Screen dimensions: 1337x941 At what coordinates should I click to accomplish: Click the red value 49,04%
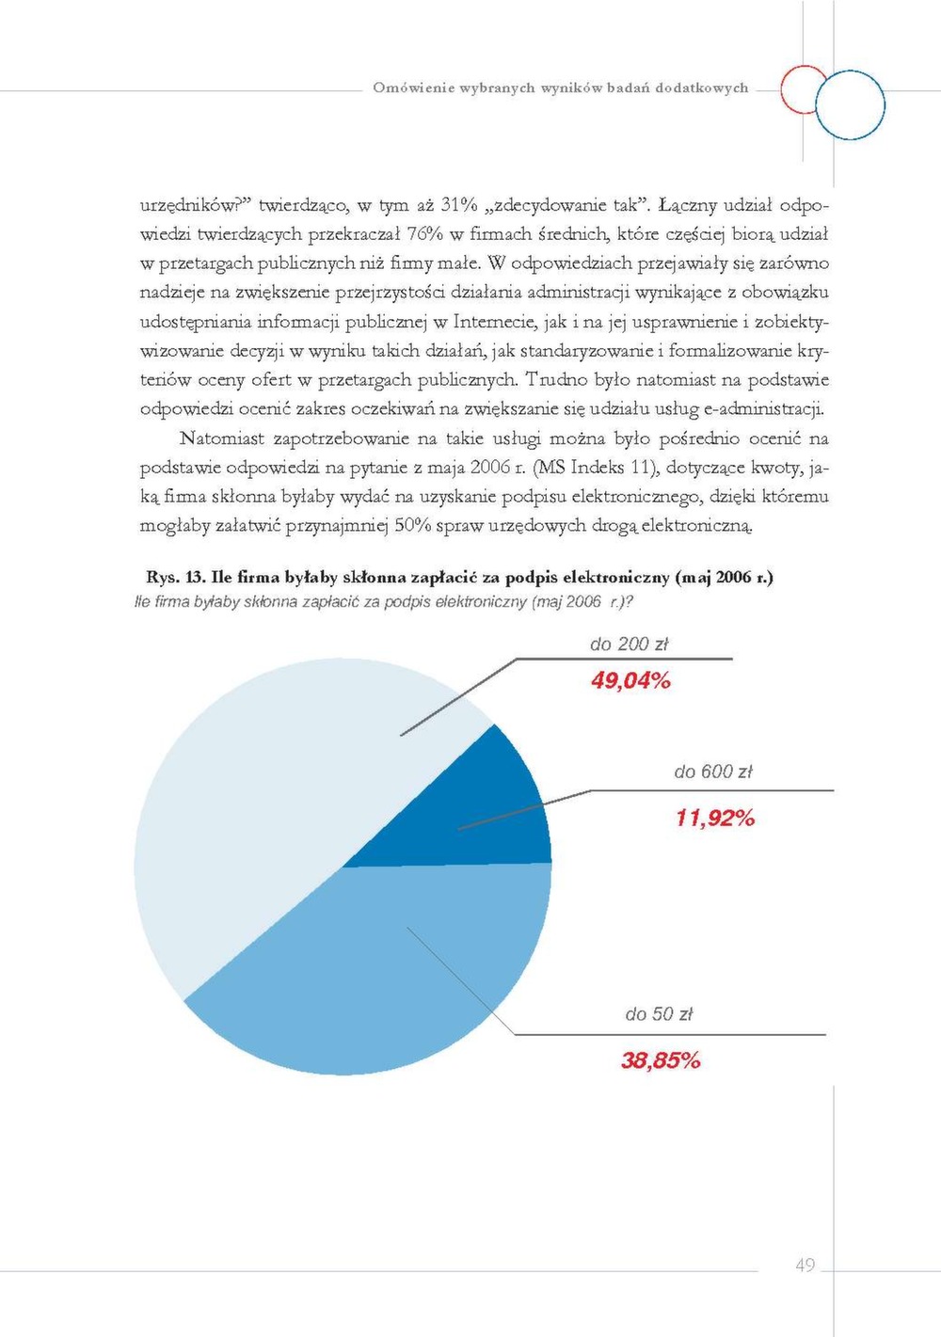pos(630,680)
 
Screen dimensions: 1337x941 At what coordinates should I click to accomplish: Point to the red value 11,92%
pos(715,818)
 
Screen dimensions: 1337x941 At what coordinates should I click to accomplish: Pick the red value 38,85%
pos(661,1060)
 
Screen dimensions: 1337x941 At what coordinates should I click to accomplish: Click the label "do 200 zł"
pos(629,645)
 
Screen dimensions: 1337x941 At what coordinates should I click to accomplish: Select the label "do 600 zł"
pos(713,772)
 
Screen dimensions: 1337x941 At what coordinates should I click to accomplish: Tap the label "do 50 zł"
pos(659,1014)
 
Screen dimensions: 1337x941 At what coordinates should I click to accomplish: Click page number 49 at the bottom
pos(805,1265)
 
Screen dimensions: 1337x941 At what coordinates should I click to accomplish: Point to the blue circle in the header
pos(850,104)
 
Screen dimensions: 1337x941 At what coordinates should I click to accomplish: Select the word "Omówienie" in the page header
pos(414,88)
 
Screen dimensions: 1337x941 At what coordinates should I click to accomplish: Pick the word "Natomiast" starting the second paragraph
pos(222,438)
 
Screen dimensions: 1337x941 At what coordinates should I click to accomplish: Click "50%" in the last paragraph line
pos(412,525)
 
